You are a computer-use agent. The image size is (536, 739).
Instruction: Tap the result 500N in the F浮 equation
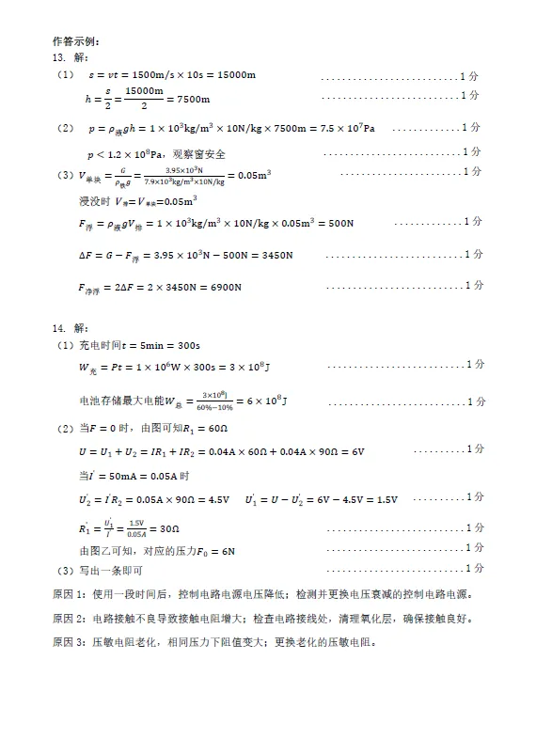[336, 224]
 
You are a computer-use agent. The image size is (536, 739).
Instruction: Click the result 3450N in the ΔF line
[273, 256]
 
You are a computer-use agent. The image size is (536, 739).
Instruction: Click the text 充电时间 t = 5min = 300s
[132, 345]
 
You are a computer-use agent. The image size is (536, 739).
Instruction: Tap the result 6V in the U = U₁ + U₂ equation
[355, 452]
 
